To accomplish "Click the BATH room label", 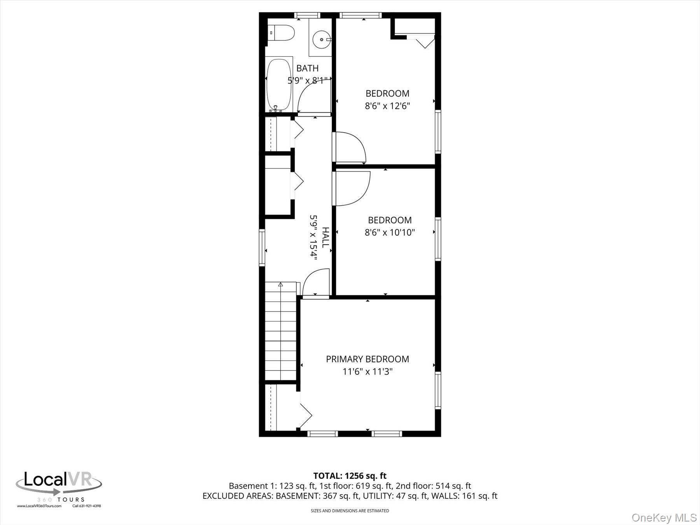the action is (307, 68).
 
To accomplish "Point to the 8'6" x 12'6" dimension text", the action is (387, 106).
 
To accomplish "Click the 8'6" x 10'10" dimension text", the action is (390, 233).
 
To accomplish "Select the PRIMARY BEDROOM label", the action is (367, 359).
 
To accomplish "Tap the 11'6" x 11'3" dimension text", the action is (367, 371).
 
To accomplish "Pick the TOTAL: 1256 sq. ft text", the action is (350, 476).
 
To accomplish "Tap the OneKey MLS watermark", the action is (664, 517).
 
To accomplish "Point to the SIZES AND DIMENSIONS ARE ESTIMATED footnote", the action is (350, 511).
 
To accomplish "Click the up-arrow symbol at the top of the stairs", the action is (280, 285).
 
